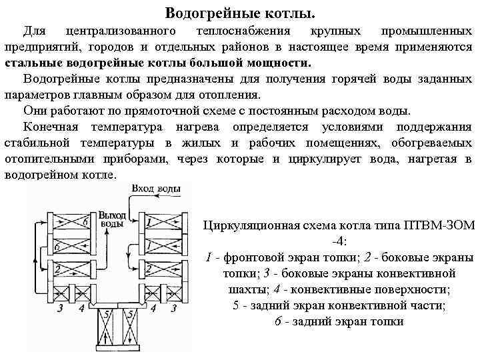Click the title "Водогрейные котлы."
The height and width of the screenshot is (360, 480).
click(240, 13)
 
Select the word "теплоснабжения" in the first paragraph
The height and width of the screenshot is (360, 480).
click(241, 31)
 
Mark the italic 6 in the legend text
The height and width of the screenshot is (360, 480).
click(278, 321)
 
